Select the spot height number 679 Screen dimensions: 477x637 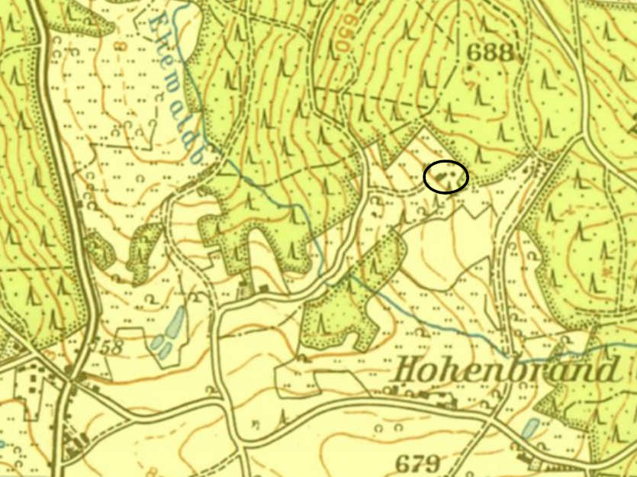point(418,463)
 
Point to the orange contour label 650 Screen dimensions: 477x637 point(339,34)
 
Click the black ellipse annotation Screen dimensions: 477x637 point(446,177)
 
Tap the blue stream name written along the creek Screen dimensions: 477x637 point(175,76)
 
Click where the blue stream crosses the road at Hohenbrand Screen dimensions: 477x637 point(507,354)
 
